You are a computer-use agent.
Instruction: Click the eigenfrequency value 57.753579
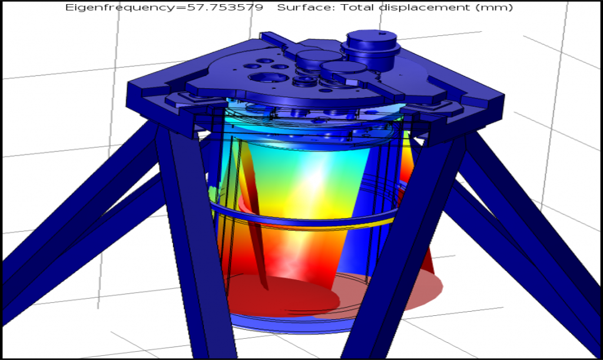click(x=225, y=7)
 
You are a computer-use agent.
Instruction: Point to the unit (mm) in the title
click(x=494, y=8)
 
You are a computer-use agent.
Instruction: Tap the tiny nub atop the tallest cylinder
click(x=381, y=34)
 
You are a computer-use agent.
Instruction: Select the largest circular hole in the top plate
click(x=269, y=78)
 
